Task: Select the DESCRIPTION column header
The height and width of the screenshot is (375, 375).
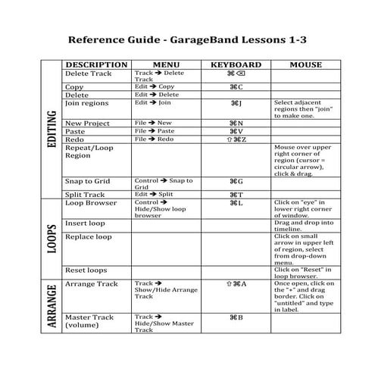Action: pos(96,65)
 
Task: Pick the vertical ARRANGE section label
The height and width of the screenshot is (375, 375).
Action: pos(51,305)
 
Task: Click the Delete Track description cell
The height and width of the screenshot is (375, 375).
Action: pos(88,74)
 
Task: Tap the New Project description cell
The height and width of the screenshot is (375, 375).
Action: pos(88,123)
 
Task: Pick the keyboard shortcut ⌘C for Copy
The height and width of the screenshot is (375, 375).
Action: pos(235,87)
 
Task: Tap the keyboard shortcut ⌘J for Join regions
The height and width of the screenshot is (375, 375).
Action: pos(235,102)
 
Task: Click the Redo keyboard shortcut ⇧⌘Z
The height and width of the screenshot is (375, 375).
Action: pos(235,140)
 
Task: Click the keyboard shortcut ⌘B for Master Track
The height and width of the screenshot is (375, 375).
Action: pos(235,317)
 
